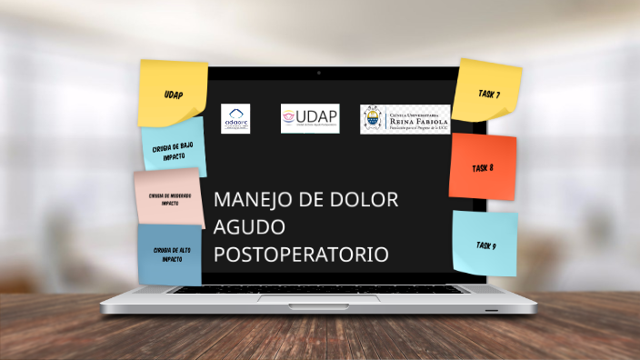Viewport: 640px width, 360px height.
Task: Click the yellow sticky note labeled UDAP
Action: pyautogui.click(x=173, y=93)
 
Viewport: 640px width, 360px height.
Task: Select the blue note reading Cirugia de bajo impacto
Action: pyautogui.click(x=174, y=147)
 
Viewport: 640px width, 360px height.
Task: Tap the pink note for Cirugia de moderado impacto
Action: pyautogui.click(x=169, y=196)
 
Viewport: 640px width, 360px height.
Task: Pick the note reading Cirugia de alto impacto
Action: pyautogui.click(x=170, y=254)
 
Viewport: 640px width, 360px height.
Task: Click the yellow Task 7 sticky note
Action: pyautogui.click(x=487, y=92)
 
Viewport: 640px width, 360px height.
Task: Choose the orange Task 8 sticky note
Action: pyautogui.click(x=482, y=167)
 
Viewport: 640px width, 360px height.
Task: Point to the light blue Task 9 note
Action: pyautogui.click(x=485, y=244)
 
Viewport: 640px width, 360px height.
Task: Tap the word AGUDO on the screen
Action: pyautogui.click(x=249, y=226)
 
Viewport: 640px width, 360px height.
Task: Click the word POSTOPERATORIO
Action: pyautogui.click(x=301, y=254)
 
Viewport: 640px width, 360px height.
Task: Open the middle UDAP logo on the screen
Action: pyautogui.click(x=310, y=117)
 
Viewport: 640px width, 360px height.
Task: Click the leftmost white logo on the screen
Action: pyautogui.click(x=235, y=117)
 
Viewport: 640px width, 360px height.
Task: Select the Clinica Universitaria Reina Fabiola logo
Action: pyautogui.click(x=405, y=118)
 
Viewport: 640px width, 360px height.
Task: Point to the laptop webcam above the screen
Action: pyautogui.click(x=319, y=72)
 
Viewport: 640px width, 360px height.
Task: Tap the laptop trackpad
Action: pyautogui.click(x=319, y=297)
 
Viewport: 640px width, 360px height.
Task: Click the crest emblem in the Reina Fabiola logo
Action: pyautogui.click(x=373, y=118)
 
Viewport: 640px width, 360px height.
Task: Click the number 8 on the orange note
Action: pyautogui.click(x=491, y=168)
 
